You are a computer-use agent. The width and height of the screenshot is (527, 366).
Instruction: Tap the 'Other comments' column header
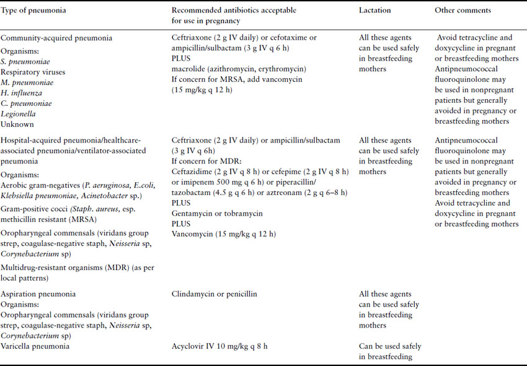click(462, 11)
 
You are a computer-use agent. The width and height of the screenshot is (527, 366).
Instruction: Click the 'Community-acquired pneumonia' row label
click(56, 38)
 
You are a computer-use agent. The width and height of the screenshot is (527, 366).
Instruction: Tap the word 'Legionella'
click(19, 113)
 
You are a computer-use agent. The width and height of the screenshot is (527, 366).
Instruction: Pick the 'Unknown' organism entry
click(18, 124)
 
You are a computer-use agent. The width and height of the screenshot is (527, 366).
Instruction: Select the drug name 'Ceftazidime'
click(193, 172)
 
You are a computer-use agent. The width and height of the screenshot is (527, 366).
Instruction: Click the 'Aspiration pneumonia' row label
click(38, 294)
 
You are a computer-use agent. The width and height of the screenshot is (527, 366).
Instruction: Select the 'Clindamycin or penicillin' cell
click(214, 294)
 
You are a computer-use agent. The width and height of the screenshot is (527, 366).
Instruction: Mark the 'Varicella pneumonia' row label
click(34, 346)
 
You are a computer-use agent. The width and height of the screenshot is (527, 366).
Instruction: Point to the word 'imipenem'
click(198, 183)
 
